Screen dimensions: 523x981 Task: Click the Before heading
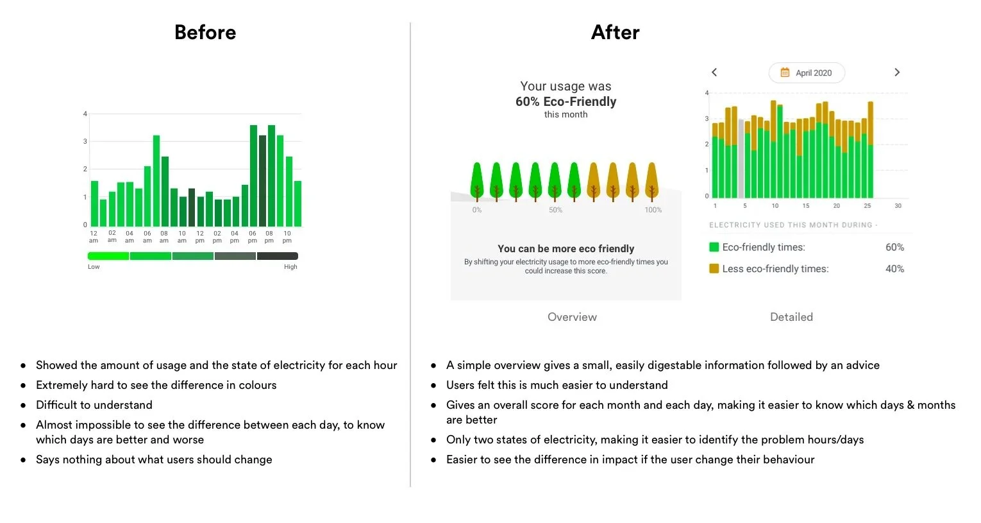tap(205, 32)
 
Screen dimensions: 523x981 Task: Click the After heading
tap(615, 32)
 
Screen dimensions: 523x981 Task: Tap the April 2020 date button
tap(807, 73)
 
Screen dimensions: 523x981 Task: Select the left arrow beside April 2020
tap(714, 73)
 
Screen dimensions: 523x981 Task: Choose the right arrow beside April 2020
tap(897, 73)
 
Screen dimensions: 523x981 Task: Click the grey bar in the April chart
tap(741, 159)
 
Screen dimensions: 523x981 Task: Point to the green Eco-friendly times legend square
tap(714, 247)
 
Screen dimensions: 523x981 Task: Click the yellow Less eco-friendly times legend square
tap(714, 269)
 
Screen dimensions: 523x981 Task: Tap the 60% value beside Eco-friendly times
tap(894, 247)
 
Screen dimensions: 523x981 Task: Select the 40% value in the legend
tap(894, 269)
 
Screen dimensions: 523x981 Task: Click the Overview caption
tap(572, 317)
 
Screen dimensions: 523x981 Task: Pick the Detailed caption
tap(791, 317)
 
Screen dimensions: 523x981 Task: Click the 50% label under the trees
tap(555, 210)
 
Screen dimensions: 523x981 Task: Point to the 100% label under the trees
tap(653, 210)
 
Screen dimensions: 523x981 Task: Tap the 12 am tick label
tap(94, 237)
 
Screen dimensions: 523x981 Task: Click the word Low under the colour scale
tap(94, 267)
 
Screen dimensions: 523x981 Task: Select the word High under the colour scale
tap(290, 267)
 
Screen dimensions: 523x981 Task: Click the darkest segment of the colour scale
tap(277, 256)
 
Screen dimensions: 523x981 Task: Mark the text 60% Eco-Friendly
tap(566, 101)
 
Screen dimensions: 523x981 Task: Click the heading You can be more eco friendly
tap(566, 248)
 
